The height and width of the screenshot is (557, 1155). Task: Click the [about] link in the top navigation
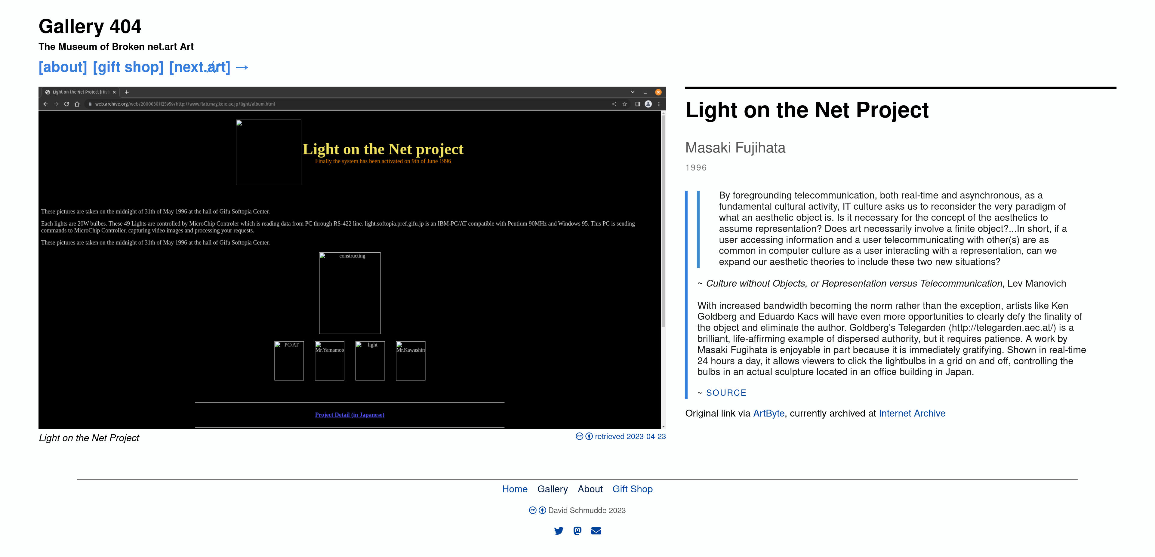coord(63,67)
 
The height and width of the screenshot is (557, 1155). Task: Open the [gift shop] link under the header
coord(128,67)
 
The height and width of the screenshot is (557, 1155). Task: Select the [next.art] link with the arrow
coord(209,67)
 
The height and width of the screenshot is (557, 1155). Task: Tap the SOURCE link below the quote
coord(726,393)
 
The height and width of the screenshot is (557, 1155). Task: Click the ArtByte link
coord(768,414)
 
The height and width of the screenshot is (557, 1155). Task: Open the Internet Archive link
coord(912,414)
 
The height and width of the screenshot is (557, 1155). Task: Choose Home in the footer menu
coord(515,489)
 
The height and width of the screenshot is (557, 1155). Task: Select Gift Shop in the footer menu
coord(632,489)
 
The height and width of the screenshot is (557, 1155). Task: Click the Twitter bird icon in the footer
coord(559,531)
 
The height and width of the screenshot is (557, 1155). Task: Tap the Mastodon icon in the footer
coord(577,531)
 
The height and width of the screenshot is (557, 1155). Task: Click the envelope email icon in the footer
coord(596,531)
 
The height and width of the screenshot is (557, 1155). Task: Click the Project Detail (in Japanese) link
coord(350,415)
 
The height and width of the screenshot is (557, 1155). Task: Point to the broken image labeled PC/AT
coord(289,361)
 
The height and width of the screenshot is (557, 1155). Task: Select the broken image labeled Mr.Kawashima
coord(411,361)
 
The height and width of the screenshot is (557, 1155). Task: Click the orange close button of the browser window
coord(658,92)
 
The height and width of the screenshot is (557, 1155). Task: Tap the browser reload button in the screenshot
coord(66,104)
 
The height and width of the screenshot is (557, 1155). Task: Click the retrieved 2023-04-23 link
coord(630,437)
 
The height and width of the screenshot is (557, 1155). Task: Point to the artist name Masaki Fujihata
coord(735,148)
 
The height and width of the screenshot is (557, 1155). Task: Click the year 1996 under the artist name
coord(696,168)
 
